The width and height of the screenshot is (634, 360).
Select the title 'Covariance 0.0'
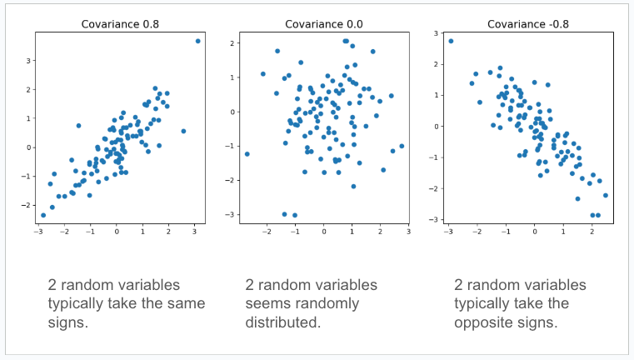(324, 23)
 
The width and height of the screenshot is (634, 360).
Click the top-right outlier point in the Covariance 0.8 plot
(197, 41)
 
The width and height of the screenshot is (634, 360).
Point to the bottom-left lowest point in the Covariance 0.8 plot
(43, 215)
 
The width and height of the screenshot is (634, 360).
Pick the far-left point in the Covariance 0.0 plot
(247, 153)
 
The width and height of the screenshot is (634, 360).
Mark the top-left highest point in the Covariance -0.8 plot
(451, 41)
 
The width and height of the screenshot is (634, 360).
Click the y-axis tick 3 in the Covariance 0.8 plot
(28, 61)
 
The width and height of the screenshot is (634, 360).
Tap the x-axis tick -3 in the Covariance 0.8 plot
(38, 231)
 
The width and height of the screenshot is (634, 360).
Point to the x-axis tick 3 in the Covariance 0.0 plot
(408, 231)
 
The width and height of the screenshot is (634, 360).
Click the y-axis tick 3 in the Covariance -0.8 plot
(437, 34)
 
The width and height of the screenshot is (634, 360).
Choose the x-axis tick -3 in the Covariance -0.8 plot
(448, 231)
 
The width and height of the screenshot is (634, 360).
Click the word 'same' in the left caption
(185, 303)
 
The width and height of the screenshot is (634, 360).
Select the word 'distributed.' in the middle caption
(284, 322)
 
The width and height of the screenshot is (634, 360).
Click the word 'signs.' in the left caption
(69, 322)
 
